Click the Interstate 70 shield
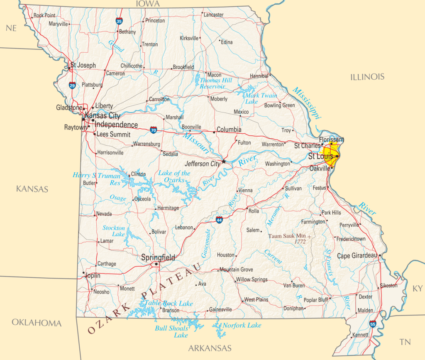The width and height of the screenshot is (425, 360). point(154,130)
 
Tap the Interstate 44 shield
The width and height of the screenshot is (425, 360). point(219,220)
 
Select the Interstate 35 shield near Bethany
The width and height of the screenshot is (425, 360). point(119,20)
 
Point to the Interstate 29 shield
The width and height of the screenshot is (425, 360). point(72,86)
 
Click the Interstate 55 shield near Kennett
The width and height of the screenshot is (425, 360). point(373,324)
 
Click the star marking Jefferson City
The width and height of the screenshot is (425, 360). point(224,161)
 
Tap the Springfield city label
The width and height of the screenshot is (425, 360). point(158,257)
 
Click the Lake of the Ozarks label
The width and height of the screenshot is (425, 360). point(174,176)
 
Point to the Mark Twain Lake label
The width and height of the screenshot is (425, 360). point(261,98)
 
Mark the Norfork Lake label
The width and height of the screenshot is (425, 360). point(242,325)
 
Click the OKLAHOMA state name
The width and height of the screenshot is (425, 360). point(37,323)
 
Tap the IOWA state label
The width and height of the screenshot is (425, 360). point(148,4)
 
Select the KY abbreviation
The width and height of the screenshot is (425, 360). point(417,289)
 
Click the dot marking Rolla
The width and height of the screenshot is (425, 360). point(247,208)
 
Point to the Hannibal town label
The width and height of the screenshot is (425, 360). point(259,76)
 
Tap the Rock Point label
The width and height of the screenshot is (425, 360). point(44,15)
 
